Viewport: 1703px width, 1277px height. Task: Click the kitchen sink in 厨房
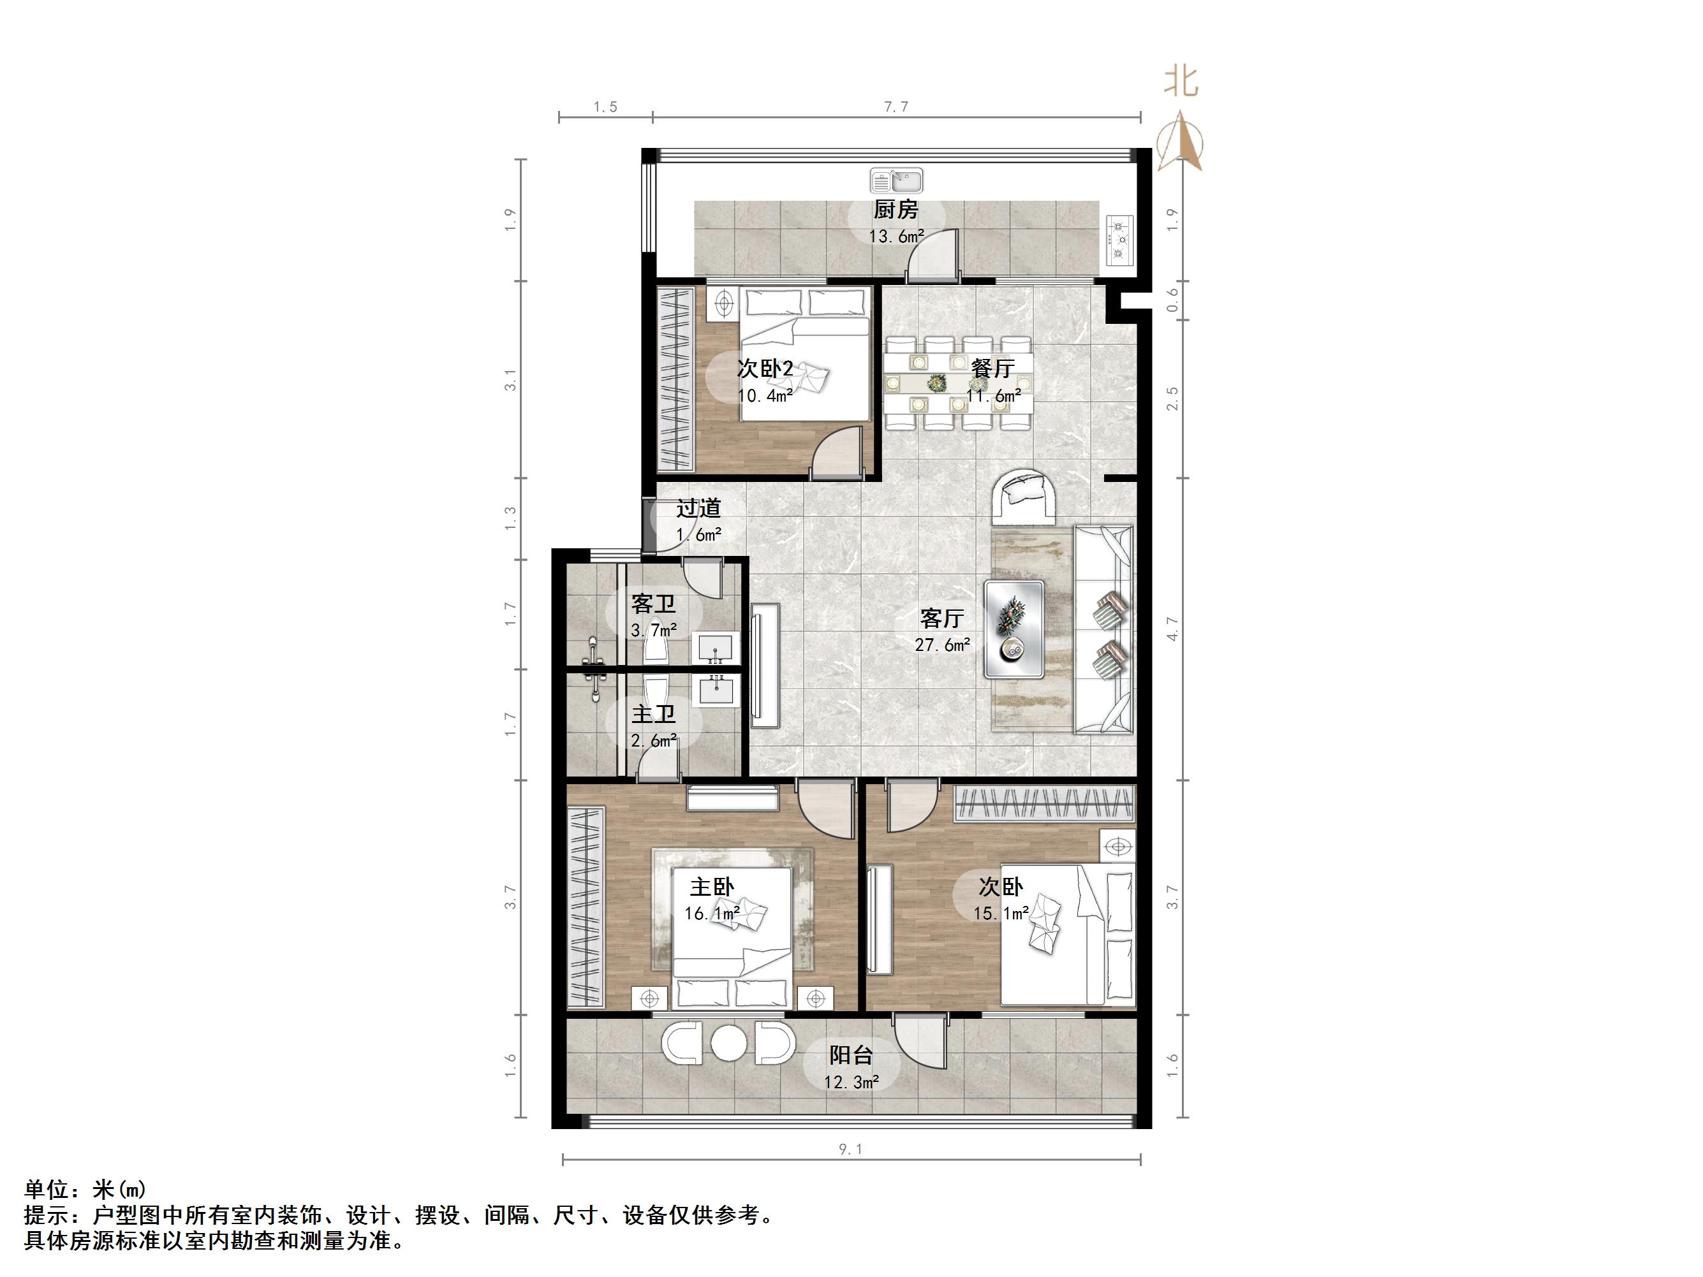click(x=896, y=181)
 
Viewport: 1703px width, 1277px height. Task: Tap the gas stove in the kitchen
click(x=1120, y=239)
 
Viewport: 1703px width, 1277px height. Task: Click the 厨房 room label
click(x=896, y=208)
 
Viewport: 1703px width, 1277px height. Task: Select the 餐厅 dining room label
click(x=992, y=369)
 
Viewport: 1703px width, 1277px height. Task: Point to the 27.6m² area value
click(x=941, y=645)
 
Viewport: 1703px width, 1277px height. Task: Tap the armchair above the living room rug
click(x=1025, y=497)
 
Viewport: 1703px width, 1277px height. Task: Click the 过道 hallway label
click(x=699, y=508)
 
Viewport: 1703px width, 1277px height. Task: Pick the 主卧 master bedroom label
click(x=711, y=887)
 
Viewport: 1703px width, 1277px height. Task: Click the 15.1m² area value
click(x=1001, y=914)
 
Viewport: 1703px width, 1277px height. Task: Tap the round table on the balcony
click(x=728, y=1044)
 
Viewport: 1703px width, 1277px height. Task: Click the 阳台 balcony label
click(x=852, y=1054)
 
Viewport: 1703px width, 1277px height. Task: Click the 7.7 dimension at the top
click(x=896, y=107)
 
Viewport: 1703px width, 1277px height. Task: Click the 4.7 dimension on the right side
click(x=1172, y=628)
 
